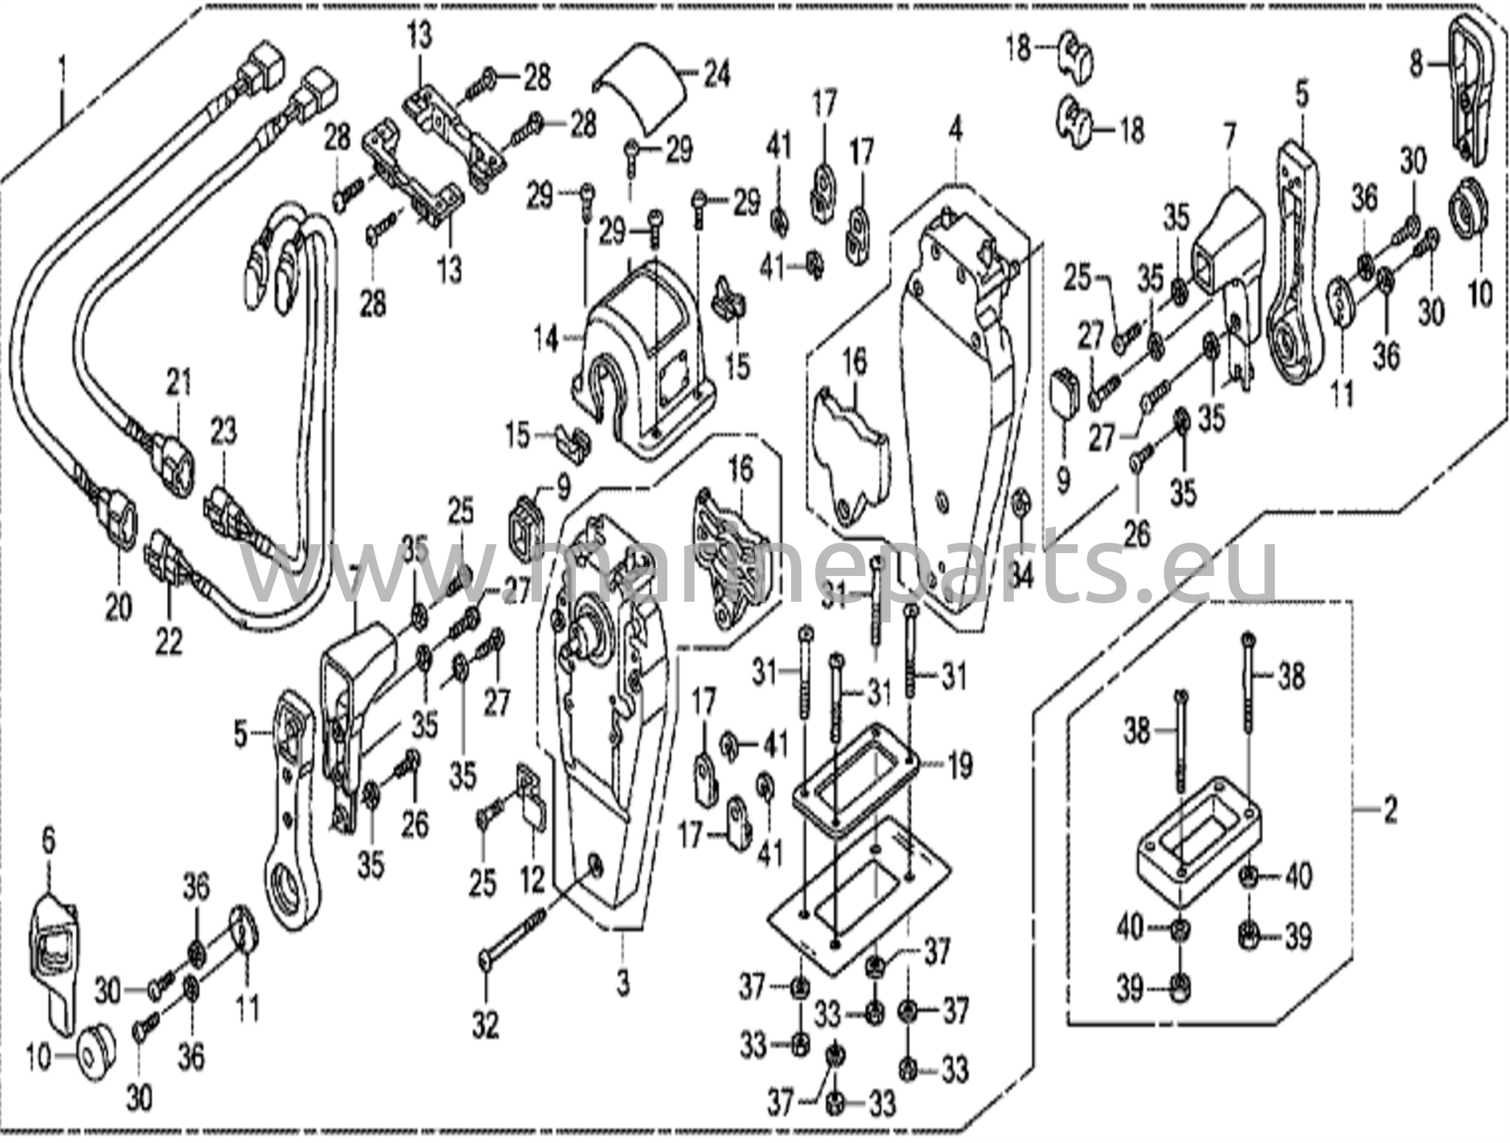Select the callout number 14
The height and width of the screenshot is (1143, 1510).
546,339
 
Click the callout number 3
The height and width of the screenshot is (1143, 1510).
624,982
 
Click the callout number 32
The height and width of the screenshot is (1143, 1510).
486,1026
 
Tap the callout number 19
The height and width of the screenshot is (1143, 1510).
960,767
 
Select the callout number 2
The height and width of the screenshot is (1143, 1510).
1389,811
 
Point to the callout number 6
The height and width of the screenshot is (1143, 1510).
49,838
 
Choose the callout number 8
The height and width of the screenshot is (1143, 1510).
1416,65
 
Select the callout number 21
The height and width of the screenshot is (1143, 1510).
178,382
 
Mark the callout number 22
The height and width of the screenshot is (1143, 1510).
168,643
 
